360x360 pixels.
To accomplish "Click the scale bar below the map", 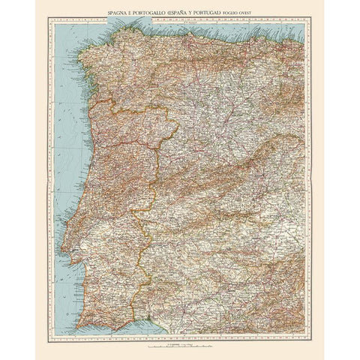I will [180, 346].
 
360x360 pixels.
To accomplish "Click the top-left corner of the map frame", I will [49, 22].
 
